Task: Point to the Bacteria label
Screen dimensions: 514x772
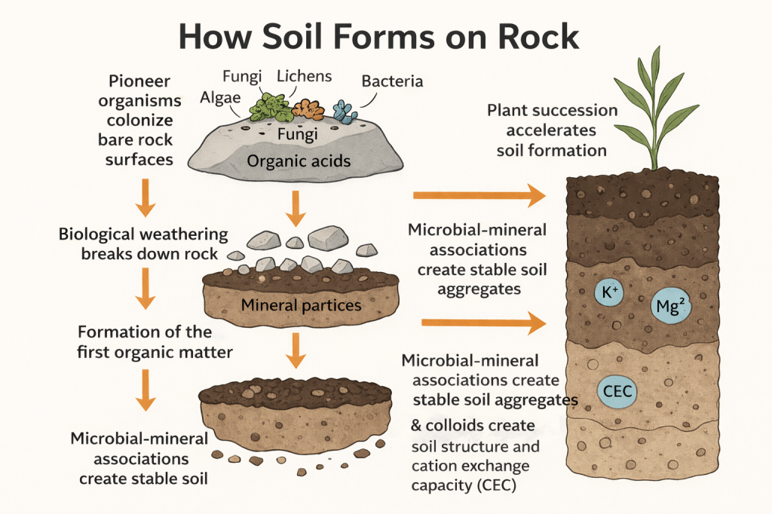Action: coord(392,81)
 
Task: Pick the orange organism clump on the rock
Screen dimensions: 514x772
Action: coord(308,110)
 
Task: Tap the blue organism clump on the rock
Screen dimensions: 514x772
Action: coord(345,112)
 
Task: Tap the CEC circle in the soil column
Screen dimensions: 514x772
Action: coord(617,391)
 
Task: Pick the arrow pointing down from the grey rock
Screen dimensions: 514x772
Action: coord(296,208)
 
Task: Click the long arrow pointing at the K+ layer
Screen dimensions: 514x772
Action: coord(482,323)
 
